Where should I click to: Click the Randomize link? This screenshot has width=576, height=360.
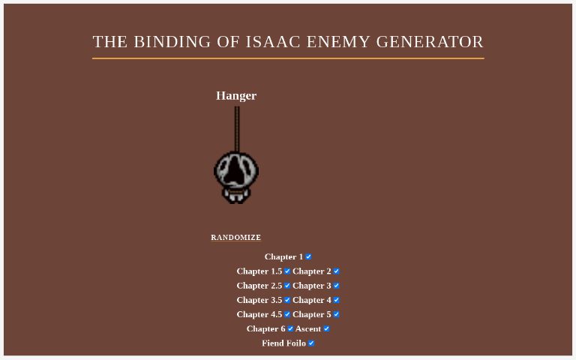[235, 238]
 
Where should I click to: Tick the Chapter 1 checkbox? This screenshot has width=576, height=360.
[308, 256]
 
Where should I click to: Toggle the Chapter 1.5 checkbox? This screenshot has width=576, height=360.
[287, 271]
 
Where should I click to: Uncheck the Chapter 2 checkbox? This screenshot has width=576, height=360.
[336, 271]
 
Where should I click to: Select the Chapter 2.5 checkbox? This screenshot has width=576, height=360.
[287, 285]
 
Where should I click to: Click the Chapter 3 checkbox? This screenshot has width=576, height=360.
[336, 285]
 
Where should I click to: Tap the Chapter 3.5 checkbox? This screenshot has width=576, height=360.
[287, 300]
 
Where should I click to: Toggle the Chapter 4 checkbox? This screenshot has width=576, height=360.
[336, 300]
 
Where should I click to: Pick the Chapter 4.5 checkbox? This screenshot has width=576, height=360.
[287, 314]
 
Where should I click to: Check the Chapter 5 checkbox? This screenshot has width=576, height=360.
[336, 314]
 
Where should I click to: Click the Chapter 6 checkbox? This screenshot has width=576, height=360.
[290, 328]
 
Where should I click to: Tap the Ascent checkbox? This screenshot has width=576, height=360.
[326, 328]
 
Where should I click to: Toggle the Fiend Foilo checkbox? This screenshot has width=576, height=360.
[311, 343]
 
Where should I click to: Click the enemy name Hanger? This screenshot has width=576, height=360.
[236, 96]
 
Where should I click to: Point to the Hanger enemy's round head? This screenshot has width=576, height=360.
[236, 170]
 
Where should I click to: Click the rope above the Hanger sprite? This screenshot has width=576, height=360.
[237, 127]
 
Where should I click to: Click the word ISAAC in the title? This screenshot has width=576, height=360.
[274, 42]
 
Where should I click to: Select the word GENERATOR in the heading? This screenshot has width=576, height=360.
[430, 42]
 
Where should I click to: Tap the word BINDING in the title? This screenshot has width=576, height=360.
[172, 42]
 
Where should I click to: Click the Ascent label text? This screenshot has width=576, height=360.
[308, 328]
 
